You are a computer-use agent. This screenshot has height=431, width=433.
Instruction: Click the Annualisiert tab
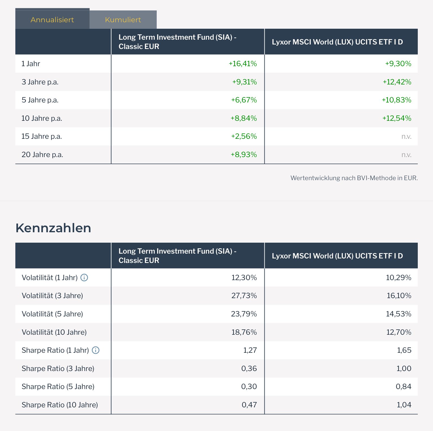(x=52, y=20)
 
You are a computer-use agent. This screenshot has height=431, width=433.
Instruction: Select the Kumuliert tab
(x=123, y=20)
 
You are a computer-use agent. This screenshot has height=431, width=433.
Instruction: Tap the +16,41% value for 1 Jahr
(x=243, y=64)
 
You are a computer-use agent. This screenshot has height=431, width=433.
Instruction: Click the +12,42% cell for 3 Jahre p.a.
(x=397, y=82)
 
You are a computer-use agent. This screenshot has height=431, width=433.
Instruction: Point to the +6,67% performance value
(x=244, y=100)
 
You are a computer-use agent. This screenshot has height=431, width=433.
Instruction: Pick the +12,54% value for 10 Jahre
(x=397, y=118)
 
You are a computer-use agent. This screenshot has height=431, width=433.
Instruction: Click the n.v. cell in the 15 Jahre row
(x=406, y=137)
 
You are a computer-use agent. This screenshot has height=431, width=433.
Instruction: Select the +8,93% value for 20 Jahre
(x=244, y=155)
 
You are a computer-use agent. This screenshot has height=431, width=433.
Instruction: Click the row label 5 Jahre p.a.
(x=40, y=100)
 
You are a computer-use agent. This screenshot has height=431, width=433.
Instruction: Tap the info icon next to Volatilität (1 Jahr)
(x=84, y=278)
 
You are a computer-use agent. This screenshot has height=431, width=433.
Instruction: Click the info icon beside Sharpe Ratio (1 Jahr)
(x=96, y=350)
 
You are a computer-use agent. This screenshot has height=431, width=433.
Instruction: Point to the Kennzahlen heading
(x=53, y=228)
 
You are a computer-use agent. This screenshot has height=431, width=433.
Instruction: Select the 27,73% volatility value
(x=244, y=296)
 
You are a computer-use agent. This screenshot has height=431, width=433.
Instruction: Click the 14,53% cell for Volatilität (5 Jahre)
(x=398, y=314)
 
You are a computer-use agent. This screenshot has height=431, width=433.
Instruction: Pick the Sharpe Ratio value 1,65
(x=404, y=350)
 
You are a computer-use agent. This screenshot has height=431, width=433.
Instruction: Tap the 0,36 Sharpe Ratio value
(x=249, y=369)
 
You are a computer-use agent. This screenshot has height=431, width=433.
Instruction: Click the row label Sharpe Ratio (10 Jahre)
(x=60, y=405)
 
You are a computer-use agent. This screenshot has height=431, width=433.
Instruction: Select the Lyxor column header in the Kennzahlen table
(x=337, y=256)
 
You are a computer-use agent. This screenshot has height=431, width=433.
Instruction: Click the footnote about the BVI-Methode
(x=354, y=178)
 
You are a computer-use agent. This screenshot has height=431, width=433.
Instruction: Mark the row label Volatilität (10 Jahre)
(x=54, y=332)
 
